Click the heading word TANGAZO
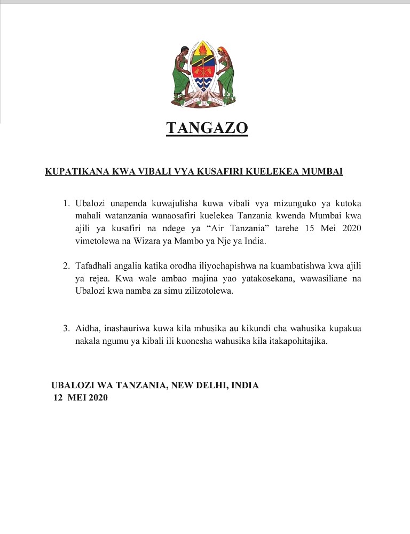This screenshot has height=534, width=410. pos(207,129)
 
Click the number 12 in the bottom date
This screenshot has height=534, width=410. pos(58,397)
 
